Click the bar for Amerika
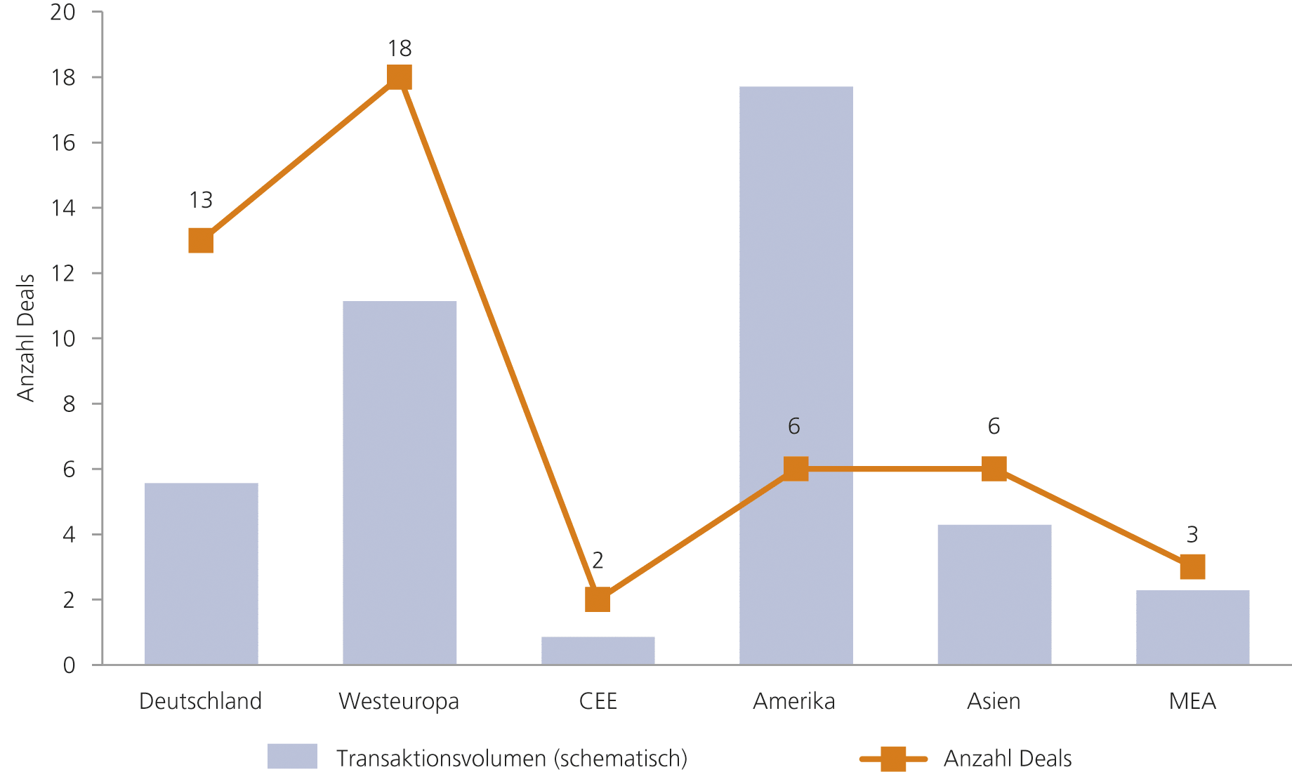point(796,281)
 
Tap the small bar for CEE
point(598,651)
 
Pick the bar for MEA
point(1192,627)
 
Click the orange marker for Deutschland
point(201,241)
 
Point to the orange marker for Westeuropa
point(399,77)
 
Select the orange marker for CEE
point(598,599)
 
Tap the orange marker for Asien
point(994,468)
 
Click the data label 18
point(400,48)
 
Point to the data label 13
point(201,201)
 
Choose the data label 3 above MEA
point(1192,535)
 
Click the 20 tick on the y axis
point(63,12)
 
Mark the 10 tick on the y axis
point(63,338)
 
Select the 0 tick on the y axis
point(69,665)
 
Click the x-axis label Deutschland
point(201,701)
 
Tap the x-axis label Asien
point(994,701)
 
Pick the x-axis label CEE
point(598,701)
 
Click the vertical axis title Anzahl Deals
point(26,338)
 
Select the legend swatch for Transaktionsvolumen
point(292,757)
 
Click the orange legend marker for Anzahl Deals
point(893,759)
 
